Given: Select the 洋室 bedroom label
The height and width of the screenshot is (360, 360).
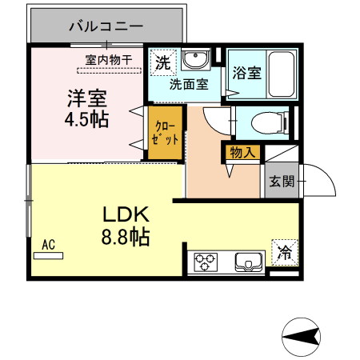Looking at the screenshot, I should click(x=86, y=99).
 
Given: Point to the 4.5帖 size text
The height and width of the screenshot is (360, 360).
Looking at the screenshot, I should click(x=86, y=120).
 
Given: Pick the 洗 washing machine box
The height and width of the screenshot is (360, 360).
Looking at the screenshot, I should click(x=162, y=62).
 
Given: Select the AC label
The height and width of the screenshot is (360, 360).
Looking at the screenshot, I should click(x=48, y=246).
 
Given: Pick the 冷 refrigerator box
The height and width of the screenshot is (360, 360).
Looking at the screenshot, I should click(x=284, y=251).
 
